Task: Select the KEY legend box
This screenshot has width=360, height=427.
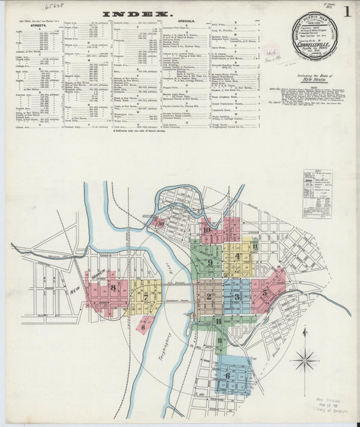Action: [x=316, y=193]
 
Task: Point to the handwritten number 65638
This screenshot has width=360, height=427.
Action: [x=53, y=5]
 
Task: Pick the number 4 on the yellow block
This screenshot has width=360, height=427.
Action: [x=238, y=257]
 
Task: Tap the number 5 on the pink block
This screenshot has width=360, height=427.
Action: [x=265, y=292]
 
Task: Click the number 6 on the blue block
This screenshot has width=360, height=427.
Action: [x=228, y=376]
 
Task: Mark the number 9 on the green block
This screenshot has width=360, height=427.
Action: [x=210, y=262]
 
